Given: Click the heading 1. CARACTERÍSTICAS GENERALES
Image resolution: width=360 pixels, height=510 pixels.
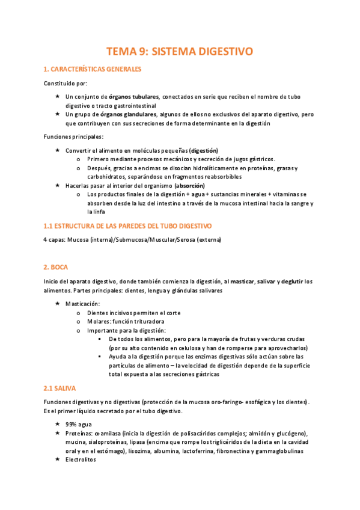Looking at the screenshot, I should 93,69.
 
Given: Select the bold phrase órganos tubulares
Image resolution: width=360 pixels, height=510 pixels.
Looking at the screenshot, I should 134,96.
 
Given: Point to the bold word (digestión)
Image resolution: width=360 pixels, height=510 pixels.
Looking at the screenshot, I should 204,150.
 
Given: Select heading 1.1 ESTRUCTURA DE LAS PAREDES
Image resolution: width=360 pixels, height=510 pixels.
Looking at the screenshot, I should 127,226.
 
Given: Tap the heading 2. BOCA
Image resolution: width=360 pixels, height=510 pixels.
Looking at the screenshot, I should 55,266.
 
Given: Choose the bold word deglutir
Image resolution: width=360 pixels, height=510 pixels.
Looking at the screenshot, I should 282,281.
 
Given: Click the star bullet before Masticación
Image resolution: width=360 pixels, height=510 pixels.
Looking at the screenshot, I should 57,304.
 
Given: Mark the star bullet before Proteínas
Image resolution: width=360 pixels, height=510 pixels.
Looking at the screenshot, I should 57,433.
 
